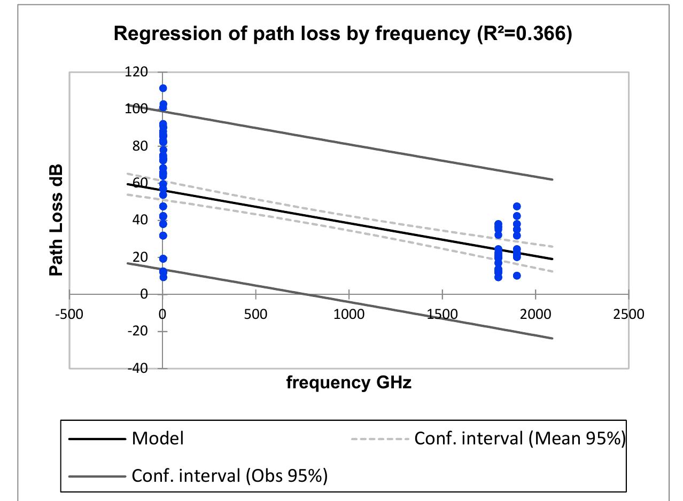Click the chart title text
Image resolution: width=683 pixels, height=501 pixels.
pyautogui.click(x=342, y=34)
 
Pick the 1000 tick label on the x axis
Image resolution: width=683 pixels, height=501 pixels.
pyautogui.click(x=349, y=314)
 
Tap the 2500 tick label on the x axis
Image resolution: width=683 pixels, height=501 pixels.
pyautogui.click(x=629, y=314)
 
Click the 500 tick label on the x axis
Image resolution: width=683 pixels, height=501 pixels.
pyautogui.click(x=255, y=314)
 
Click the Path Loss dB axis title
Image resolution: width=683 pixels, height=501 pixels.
pyautogui.click(x=56, y=220)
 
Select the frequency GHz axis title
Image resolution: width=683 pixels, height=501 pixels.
pyautogui.click(x=349, y=382)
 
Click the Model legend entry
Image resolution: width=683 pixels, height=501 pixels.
pyautogui.click(x=158, y=439)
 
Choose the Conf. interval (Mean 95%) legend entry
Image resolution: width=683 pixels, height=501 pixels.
pyautogui.click(x=518, y=439)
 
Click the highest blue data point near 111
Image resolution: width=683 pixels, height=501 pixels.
pyautogui.click(x=163, y=88)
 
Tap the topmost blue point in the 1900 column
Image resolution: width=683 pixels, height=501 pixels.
pyautogui.click(x=517, y=206)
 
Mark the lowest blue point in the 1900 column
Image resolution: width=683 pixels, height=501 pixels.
pyautogui.click(x=517, y=276)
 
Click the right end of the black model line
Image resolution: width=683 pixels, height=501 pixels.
pyautogui.click(x=552, y=259)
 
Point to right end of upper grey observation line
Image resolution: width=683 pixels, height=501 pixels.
pyautogui.click(x=552, y=179)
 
